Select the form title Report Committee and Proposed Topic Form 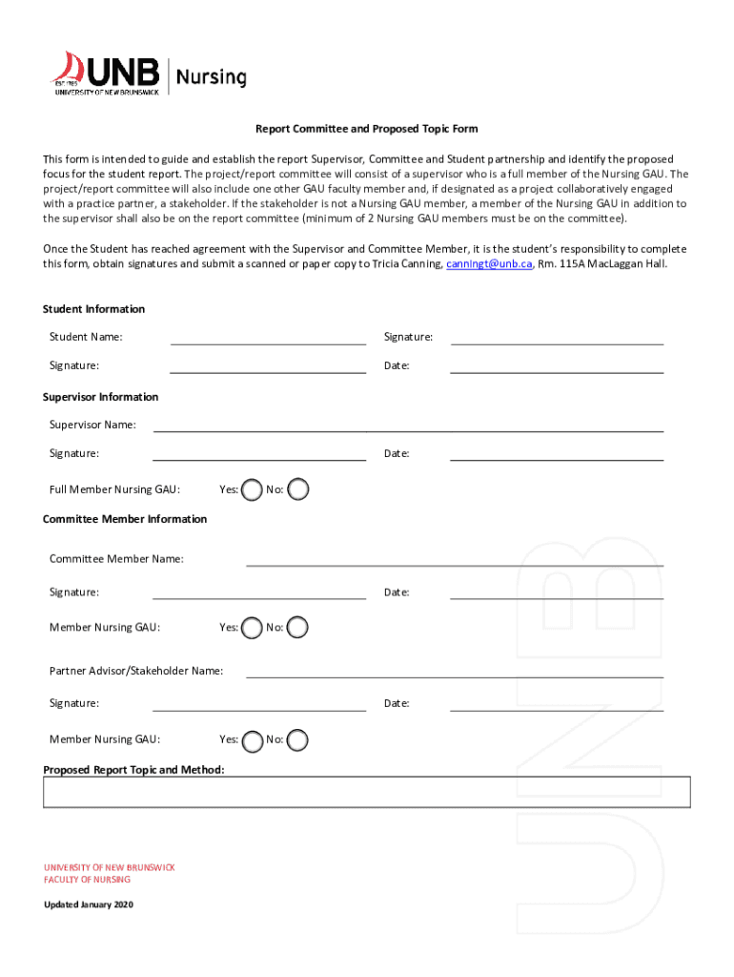pyautogui.click(x=366, y=129)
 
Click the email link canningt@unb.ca pyautogui.click(x=489, y=263)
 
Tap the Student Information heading pyautogui.click(x=94, y=309)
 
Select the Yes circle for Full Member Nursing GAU pyautogui.click(x=252, y=489)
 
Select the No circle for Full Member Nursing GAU pyautogui.click(x=298, y=489)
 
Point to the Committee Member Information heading pyautogui.click(x=125, y=519)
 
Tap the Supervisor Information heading pyautogui.click(x=101, y=397)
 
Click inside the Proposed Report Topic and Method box pyautogui.click(x=366, y=792)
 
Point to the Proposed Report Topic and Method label pyautogui.click(x=134, y=769)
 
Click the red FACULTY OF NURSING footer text pyautogui.click(x=87, y=880)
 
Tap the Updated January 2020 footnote pyautogui.click(x=89, y=904)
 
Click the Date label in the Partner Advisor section pyautogui.click(x=397, y=703)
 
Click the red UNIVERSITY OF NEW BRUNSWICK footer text pyautogui.click(x=109, y=867)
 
